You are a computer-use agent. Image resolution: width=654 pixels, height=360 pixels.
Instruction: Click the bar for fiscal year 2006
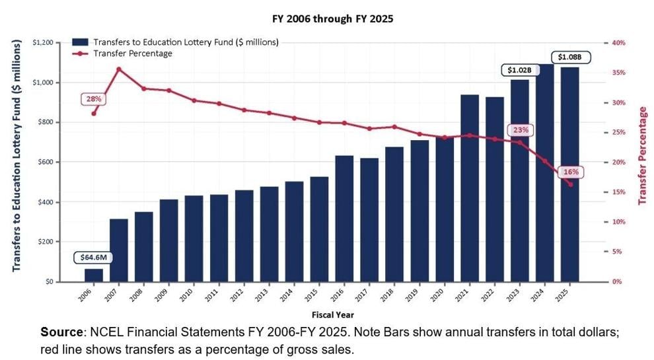[93, 275]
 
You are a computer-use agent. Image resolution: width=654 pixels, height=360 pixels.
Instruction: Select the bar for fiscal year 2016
[344, 219]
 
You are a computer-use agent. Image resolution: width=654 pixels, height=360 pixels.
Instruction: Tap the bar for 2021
[470, 188]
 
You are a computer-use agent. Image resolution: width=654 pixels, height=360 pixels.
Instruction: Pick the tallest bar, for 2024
[545, 172]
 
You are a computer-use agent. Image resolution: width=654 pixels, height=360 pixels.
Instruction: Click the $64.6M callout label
[93, 258]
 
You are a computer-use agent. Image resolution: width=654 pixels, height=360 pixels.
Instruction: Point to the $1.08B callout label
[569, 57]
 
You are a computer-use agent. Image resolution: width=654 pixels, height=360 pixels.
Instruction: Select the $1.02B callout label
[520, 70]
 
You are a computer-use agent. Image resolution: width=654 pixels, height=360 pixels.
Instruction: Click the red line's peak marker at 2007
[119, 69]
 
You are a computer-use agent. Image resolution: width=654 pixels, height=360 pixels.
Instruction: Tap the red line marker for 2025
[570, 184]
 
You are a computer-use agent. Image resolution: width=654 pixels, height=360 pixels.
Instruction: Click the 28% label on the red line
[94, 99]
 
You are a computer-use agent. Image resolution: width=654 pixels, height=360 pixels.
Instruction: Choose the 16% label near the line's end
[571, 172]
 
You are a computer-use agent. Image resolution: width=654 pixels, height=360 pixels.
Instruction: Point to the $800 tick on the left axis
[45, 122]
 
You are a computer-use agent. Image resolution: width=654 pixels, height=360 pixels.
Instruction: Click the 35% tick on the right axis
[619, 73]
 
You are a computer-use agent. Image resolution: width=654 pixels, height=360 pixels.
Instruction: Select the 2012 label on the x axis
[236, 295]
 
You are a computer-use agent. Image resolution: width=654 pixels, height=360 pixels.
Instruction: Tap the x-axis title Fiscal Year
[333, 315]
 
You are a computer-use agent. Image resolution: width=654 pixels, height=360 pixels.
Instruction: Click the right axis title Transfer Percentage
[643, 156]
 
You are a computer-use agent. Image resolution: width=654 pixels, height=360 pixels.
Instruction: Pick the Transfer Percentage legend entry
[133, 54]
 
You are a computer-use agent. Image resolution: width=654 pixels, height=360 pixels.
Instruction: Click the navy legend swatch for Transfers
[80, 42]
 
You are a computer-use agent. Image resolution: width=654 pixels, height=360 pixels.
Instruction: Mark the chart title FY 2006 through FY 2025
[333, 19]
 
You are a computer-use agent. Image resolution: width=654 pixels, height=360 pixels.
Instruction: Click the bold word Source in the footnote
[61, 332]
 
